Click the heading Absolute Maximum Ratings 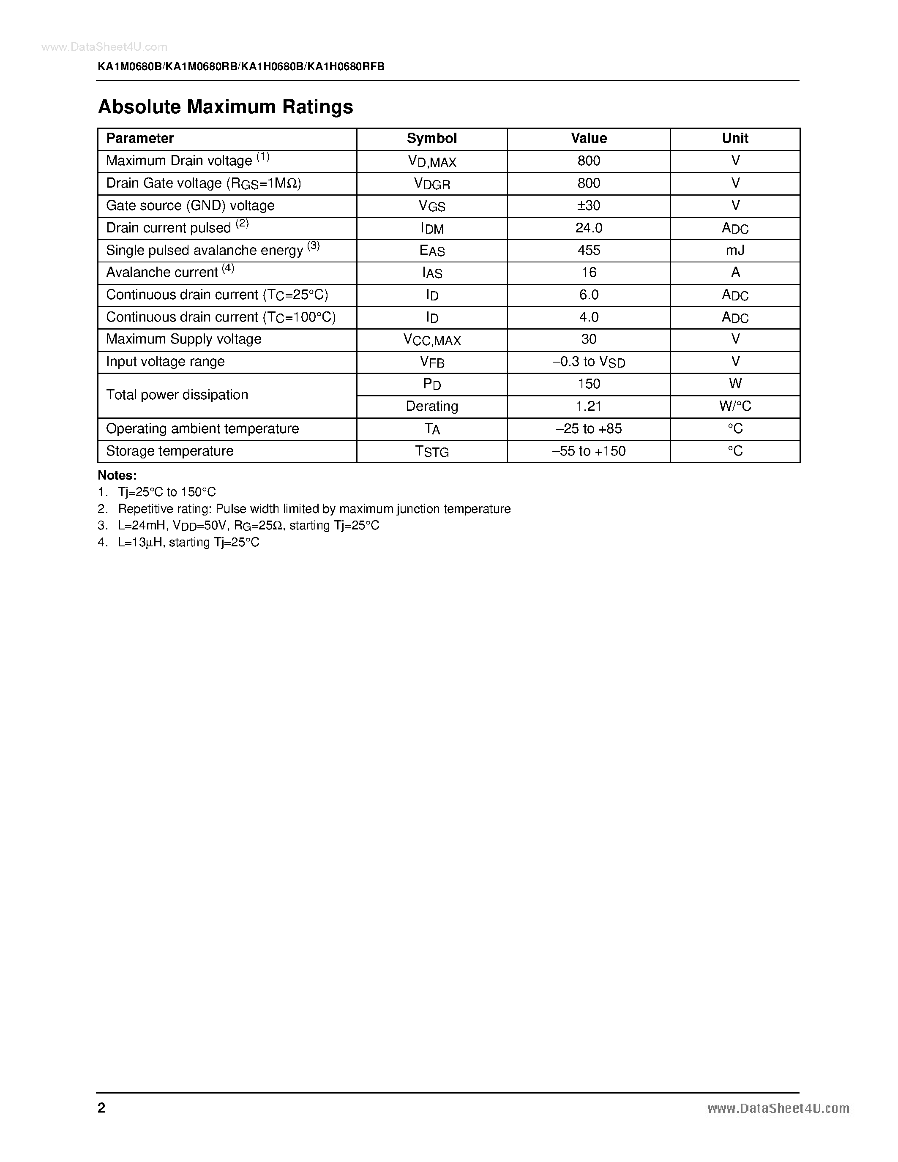[225, 107]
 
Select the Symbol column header [431, 138]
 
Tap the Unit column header [735, 138]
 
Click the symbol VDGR [431, 183]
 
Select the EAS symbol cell [431, 251]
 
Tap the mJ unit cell [735, 250]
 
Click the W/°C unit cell [735, 406]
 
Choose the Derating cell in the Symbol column [431, 406]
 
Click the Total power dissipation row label [177, 395]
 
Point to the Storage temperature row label [170, 451]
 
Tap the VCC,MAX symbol [431, 339]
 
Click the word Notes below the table [117, 475]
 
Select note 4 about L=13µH [188, 542]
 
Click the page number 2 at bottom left [101, 1108]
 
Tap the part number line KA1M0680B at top [240, 66]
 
